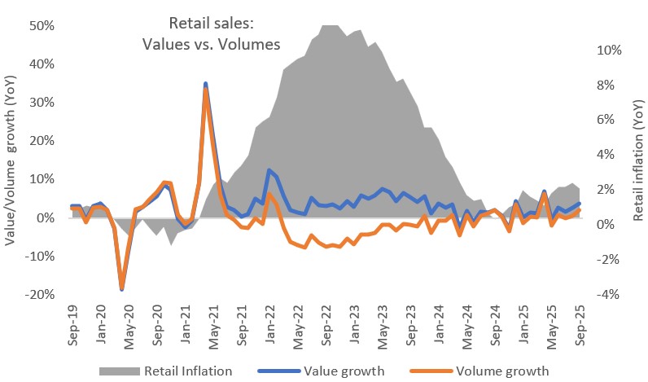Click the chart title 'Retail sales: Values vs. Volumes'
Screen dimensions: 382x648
point(224,33)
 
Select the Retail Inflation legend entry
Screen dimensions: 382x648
point(165,371)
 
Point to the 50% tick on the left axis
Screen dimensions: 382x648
point(42,25)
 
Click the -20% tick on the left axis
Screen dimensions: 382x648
point(39,294)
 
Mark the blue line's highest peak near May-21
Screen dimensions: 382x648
point(206,83)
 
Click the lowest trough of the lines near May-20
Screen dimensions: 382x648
point(122,288)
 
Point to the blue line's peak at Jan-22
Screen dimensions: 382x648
point(269,170)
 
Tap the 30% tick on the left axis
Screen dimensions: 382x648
point(42,103)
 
